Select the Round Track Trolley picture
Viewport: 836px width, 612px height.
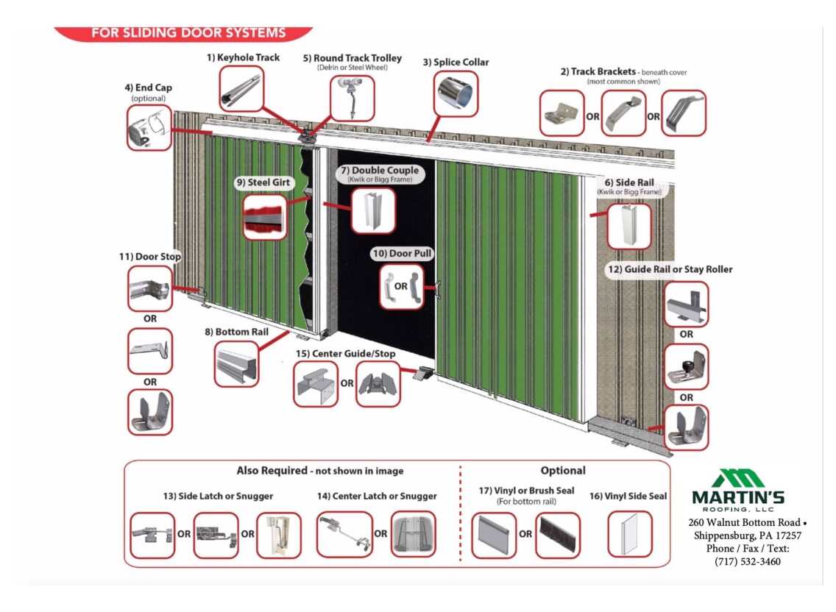[x=351, y=97]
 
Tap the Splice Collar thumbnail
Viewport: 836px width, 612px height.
[x=455, y=93]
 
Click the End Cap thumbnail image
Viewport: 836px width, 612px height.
[x=149, y=127]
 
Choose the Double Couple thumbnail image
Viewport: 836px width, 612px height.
[x=372, y=210]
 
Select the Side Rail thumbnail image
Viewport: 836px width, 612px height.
[x=628, y=226]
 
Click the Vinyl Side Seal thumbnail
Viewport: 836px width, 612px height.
[x=629, y=534]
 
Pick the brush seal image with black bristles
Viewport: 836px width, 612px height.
[x=557, y=535]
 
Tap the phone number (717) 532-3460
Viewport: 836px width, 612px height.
[x=747, y=561]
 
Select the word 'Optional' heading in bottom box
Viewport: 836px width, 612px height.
[x=562, y=471]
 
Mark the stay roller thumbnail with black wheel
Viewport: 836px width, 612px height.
[x=685, y=366]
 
